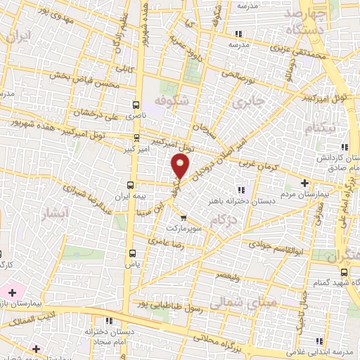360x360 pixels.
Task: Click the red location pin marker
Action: point(180,166)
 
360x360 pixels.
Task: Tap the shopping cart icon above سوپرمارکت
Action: point(184,218)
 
